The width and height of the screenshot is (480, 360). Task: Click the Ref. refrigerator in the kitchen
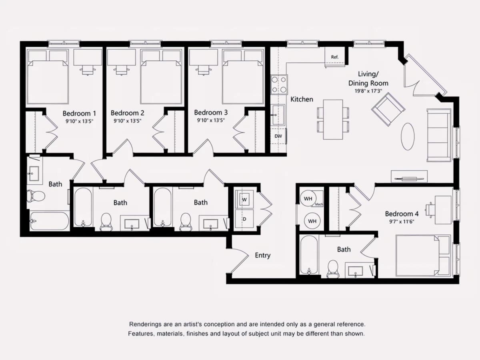tap(335, 57)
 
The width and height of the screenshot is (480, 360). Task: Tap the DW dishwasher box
tap(278, 136)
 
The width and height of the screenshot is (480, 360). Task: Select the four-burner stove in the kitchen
tap(279, 84)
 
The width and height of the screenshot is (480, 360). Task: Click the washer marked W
tap(244, 199)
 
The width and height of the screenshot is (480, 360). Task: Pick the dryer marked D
tap(244, 219)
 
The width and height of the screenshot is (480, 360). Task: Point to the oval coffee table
tap(408, 136)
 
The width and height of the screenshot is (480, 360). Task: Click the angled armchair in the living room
tap(388, 109)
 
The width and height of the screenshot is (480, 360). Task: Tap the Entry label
tap(263, 255)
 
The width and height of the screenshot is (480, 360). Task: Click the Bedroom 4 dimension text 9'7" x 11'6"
tap(402, 222)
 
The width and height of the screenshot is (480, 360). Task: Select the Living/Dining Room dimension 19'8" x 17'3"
tap(368, 91)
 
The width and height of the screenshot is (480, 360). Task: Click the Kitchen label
tap(302, 99)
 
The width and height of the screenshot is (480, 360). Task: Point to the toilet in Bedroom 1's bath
tap(36, 196)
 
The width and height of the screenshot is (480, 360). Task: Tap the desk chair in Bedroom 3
tap(203, 70)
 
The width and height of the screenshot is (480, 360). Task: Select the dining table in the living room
tap(333, 119)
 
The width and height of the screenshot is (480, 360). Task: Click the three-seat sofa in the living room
tap(439, 135)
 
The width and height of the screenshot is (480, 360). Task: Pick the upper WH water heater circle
tap(308, 199)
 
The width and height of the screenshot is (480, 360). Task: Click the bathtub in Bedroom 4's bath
tap(309, 255)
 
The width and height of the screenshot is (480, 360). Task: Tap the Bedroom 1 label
tap(79, 114)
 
